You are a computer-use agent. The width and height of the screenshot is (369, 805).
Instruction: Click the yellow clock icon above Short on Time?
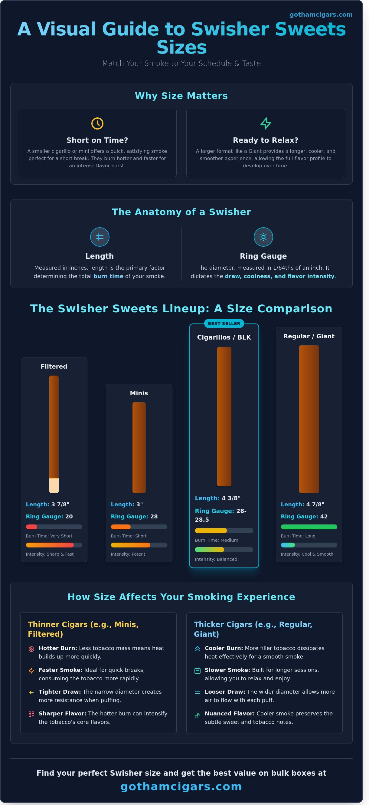pyautogui.click(x=97, y=123)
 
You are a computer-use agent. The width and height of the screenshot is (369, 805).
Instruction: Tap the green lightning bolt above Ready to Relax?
pyautogui.click(x=266, y=123)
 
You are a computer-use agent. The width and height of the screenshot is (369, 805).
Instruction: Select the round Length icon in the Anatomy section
pyautogui.click(x=100, y=237)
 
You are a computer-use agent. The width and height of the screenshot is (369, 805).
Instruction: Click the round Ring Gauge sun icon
pyautogui.click(x=263, y=237)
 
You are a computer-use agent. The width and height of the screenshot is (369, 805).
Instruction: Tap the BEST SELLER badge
pyautogui.click(x=224, y=324)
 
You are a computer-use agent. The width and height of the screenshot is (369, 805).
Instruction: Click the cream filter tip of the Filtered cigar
pyautogui.click(x=54, y=486)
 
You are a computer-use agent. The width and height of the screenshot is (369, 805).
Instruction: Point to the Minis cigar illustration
pyautogui.click(x=139, y=447)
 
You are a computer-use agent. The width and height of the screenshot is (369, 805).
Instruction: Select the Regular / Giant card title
pyautogui.click(x=309, y=336)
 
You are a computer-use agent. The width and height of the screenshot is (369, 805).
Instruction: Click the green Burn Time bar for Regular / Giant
pyautogui.click(x=309, y=527)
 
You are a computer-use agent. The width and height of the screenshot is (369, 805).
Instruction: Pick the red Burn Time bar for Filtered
pyautogui.click(x=31, y=527)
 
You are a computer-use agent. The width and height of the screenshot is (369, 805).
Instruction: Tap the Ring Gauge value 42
pyautogui.click(x=324, y=517)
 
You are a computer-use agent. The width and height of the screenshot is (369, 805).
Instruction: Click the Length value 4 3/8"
pyautogui.click(x=231, y=498)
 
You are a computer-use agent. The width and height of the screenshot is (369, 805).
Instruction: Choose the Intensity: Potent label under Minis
pyautogui.click(x=128, y=554)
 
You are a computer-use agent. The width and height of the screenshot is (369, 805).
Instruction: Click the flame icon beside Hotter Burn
pyautogui.click(x=31, y=649)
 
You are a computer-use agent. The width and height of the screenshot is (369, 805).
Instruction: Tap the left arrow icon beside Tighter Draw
pyautogui.click(x=31, y=692)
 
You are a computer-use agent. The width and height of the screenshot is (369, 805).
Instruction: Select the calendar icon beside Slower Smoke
pyautogui.click(x=198, y=671)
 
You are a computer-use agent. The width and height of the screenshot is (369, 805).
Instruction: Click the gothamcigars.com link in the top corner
pyautogui.click(x=321, y=15)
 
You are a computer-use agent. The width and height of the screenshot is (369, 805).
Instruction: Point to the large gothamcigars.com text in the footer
pyautogui.click(x=181, y=787)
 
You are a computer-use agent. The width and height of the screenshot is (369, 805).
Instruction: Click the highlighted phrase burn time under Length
pyautogui.click(x=108, y=276)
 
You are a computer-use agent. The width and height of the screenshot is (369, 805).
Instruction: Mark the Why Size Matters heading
pyautogui.click(x=181, y=96)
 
